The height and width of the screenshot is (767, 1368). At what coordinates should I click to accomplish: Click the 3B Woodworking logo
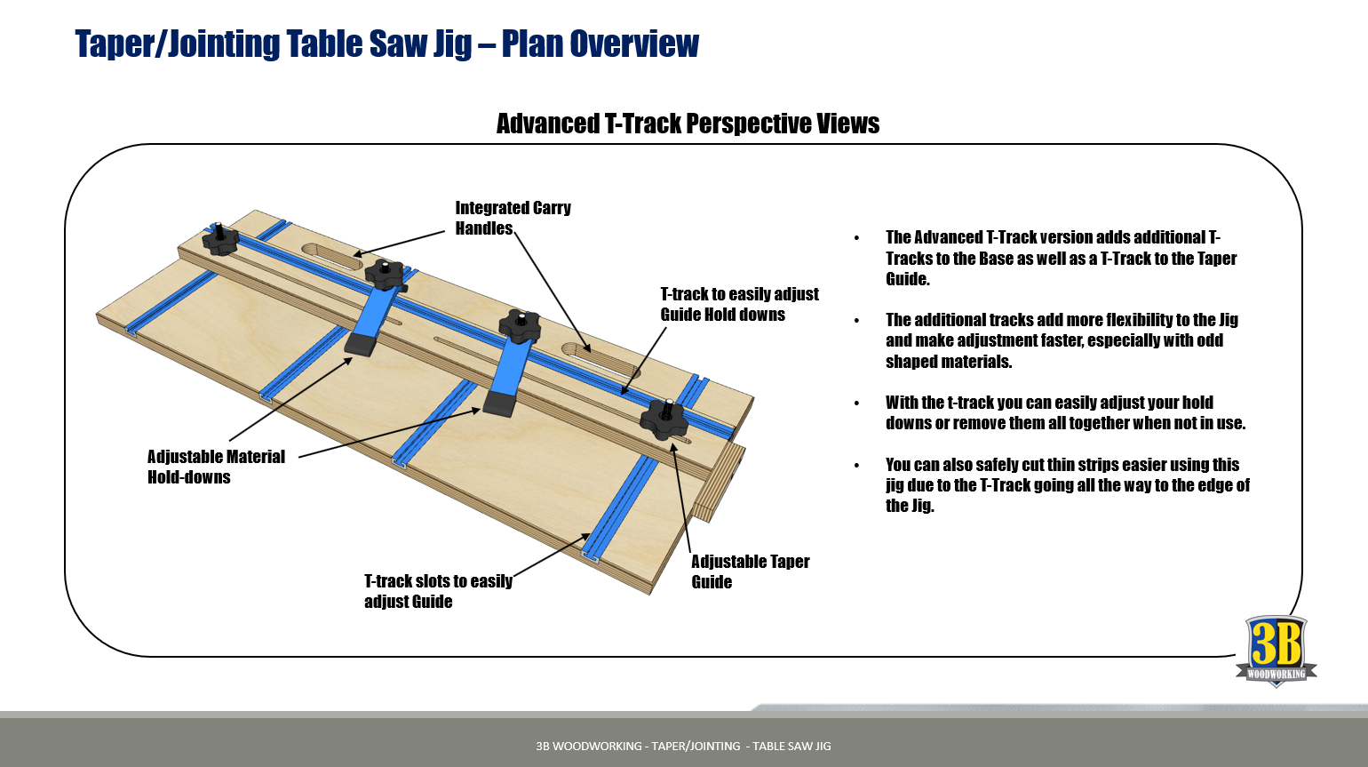(1276, 651)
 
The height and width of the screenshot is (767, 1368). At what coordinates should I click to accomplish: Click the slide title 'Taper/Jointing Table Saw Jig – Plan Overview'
(386, 44)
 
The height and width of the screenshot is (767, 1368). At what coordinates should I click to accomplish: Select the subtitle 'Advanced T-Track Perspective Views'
(688, 124)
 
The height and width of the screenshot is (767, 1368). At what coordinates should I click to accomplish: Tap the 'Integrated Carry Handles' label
(513, 218)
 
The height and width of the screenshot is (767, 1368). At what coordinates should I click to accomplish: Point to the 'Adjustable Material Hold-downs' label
(216, 467)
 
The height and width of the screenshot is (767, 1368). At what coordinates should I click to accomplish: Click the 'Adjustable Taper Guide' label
(750, 571)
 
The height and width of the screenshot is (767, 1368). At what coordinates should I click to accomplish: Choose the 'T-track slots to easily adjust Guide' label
(438, 591)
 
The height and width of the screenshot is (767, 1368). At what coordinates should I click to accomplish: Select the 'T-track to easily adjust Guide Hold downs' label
(739, 304)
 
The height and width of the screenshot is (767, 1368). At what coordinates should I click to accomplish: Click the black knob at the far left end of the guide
(220, 240)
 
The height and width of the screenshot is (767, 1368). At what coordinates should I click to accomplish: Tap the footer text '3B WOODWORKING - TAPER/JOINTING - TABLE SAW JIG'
(683, 746)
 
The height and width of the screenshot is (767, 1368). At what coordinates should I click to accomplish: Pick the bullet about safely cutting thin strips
(1067, 485)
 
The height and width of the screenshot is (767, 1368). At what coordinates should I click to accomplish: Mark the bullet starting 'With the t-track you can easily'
(1065, 412)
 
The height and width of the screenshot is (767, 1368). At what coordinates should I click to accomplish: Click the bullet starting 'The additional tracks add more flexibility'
(1062, 340)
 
